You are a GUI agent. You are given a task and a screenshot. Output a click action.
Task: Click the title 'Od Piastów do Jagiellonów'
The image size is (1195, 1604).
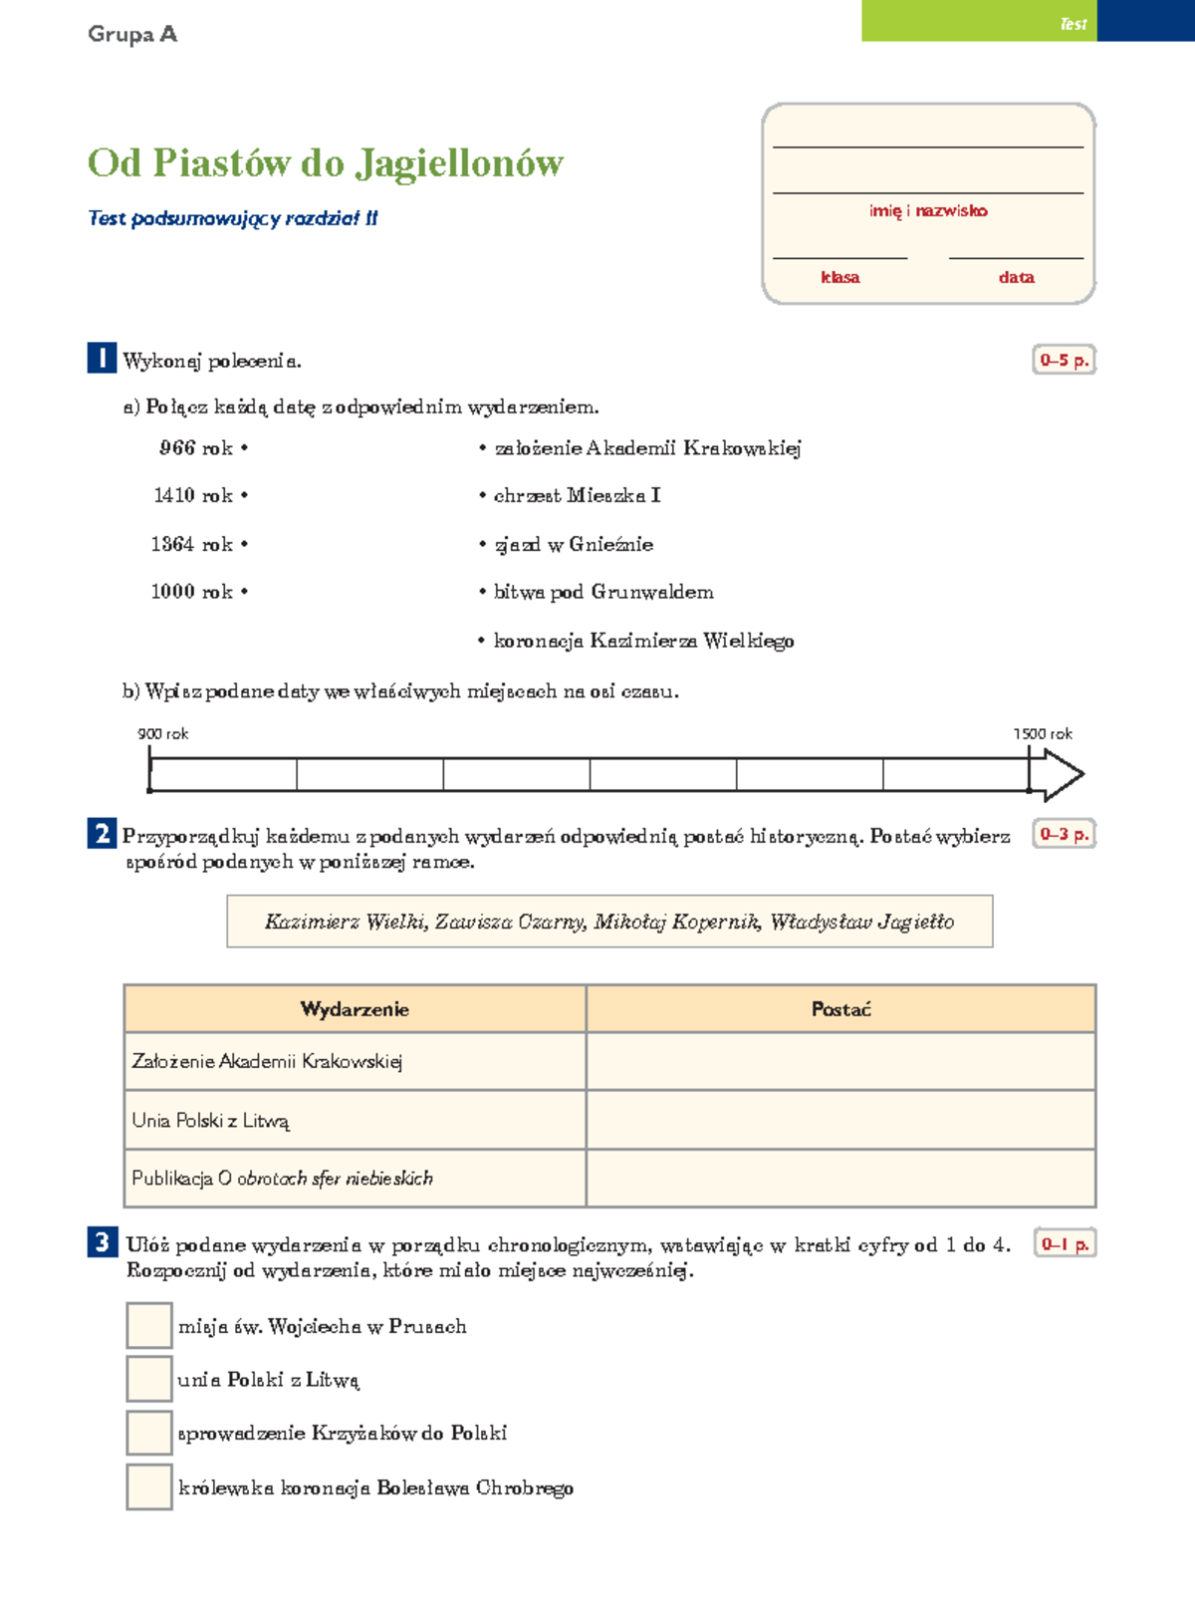click(326, 163)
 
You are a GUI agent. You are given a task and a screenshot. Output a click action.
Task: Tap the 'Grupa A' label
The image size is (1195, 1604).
click(132, 34)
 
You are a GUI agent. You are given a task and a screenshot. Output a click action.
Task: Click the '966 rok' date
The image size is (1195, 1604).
click(196, 448)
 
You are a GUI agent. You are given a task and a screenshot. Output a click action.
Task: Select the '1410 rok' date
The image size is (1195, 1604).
click(193, 495)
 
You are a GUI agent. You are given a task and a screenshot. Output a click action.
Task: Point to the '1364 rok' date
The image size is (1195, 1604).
click(192, 544)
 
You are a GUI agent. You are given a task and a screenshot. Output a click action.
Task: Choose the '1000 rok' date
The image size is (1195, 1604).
click(192, 592)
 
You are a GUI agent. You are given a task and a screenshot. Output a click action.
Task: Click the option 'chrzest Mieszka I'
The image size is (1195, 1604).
click(577, 495)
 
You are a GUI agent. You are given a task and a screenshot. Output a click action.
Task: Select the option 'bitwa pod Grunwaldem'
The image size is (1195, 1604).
click(603, 592)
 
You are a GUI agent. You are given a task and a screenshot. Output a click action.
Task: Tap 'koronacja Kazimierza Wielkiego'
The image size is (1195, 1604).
click(643, 641)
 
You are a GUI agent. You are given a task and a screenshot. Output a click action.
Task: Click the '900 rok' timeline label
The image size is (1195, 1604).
click(162, 734)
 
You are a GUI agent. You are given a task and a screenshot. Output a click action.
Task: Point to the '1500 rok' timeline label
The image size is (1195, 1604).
click(1043, 734)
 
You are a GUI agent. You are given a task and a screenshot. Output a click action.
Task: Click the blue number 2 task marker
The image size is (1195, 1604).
click(102, 833)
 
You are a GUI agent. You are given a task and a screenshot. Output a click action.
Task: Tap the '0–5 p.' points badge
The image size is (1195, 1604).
click(1064, 361)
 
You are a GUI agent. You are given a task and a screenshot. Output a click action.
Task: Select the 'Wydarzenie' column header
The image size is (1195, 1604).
click(355, 1009)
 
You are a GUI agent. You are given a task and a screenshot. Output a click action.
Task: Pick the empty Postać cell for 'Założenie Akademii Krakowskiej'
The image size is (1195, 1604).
click(840, 1061)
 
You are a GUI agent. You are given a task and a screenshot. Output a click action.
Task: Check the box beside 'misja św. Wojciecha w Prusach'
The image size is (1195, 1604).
click(149, 1326)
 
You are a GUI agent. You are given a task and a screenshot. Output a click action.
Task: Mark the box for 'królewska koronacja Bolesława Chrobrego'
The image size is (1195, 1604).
click(149, 1486)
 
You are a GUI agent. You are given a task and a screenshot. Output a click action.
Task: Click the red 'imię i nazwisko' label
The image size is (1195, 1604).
click(928, 211)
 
